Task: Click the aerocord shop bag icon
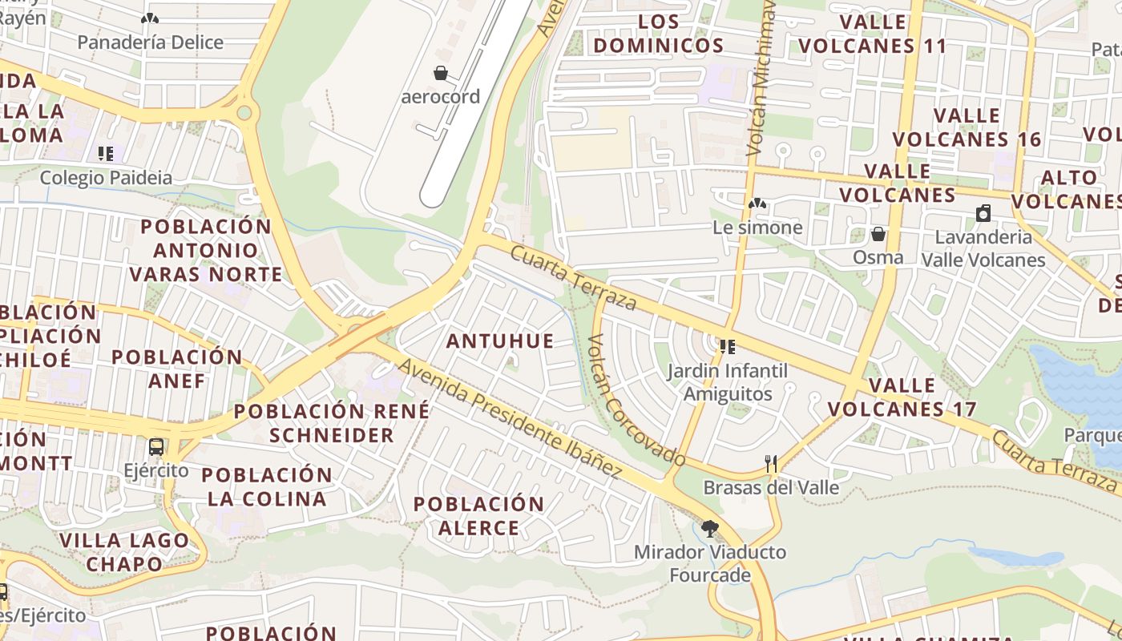coord(440,74)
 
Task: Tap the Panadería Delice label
coord(150,42)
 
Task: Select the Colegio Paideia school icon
coord(106,153)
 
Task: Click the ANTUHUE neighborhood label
coord(500,341)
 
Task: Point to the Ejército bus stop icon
coord(156,447)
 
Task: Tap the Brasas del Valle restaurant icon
coord(771,463)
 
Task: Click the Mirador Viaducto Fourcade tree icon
coord(709,528)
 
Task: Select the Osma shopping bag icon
coord(878,234)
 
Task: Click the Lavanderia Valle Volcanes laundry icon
coord(983,213)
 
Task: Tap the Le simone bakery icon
coord(757,204)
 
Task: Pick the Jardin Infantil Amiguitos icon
coord(728,347)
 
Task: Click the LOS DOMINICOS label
coord(658,34)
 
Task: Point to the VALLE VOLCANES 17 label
coord(902,397)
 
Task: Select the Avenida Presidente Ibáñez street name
coord(510,419)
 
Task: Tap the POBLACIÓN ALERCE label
coord(478,516)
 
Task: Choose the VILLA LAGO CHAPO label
coord(124,552)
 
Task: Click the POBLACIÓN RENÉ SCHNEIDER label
coord(332,424)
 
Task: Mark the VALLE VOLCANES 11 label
coord(873,34)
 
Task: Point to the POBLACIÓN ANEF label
coord(177,369)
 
